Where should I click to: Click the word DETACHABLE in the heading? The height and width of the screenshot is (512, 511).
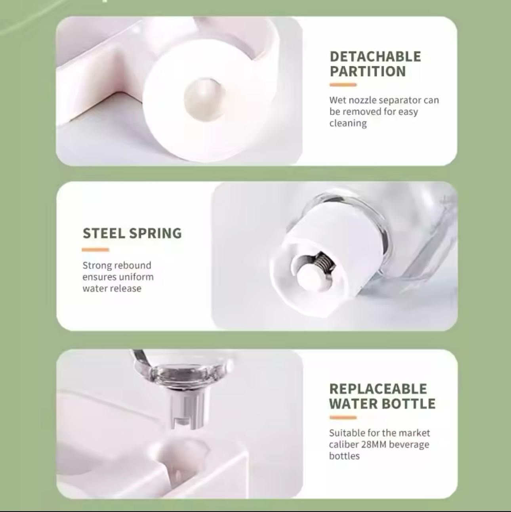(x=375, y=56)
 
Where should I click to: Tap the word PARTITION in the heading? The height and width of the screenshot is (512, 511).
(x=368, y=71)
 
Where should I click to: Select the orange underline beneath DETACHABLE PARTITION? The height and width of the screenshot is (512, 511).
(x=343, y=85)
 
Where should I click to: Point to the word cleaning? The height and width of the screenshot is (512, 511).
(x=348, y=123)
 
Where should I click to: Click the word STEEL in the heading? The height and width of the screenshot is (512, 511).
(x=104, y=233)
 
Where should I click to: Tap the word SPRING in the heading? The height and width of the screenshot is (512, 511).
(x=156, y=233)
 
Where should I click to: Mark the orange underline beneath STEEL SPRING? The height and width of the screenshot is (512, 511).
(x=95, y=249)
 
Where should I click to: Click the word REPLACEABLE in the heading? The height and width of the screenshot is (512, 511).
(x=378, y=389)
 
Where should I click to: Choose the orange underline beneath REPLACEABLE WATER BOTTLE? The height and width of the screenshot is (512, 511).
(x=343, y=417)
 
